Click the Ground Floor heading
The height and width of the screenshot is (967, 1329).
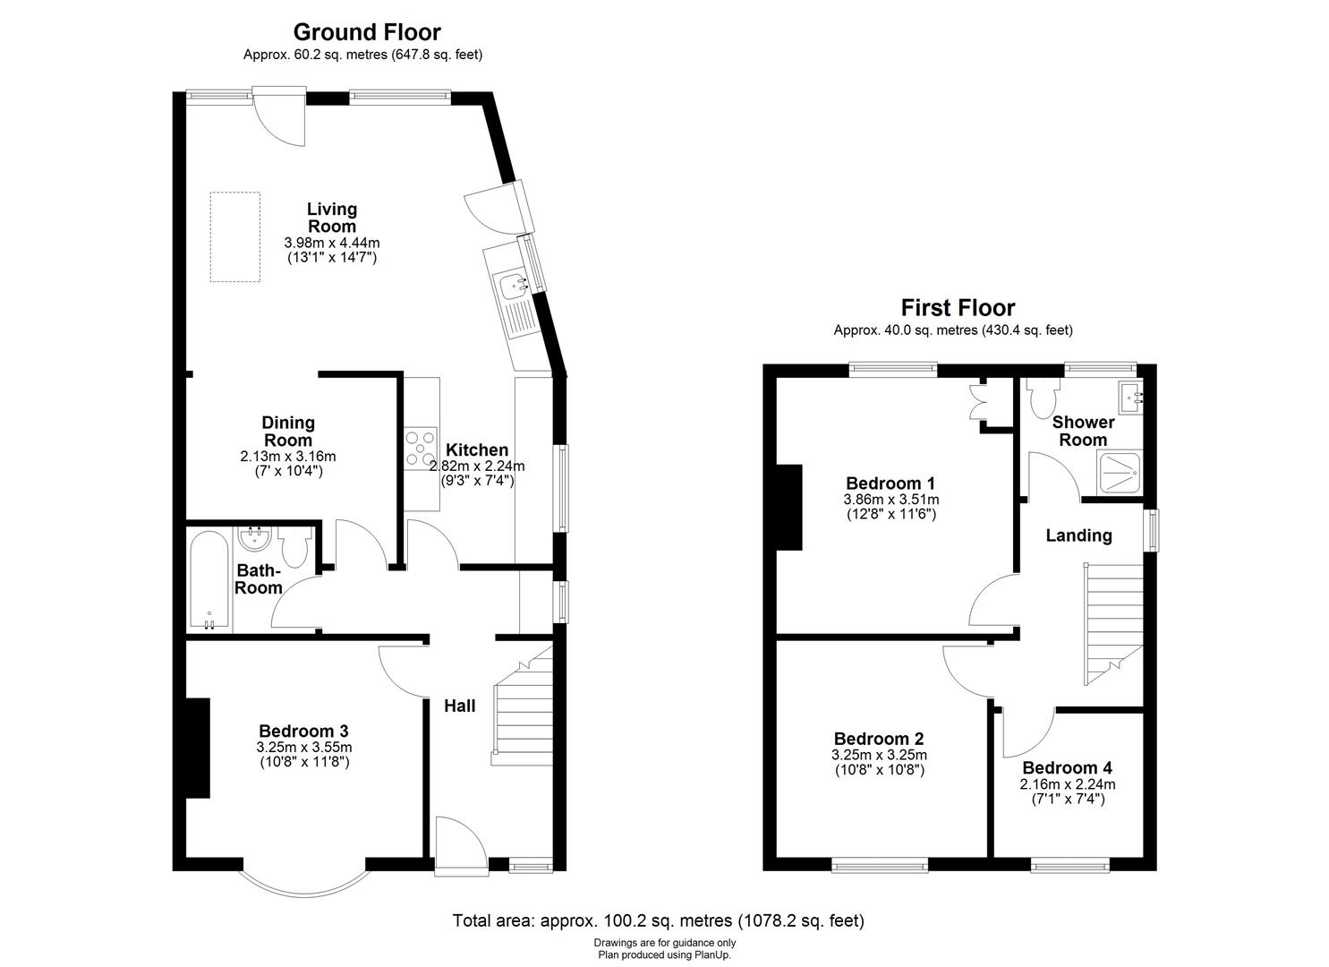pos(367,32)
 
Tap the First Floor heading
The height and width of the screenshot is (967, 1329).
pos(958,308)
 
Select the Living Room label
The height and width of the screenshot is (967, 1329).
pos(332,218)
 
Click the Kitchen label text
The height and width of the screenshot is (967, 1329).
pos(477,449)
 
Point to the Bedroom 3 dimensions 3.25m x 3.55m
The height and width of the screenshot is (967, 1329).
pos(304,748)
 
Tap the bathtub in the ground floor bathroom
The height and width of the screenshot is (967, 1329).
pos(210,581)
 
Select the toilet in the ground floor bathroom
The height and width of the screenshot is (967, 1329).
pos(294,545)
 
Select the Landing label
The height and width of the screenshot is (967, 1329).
pos(1078,535)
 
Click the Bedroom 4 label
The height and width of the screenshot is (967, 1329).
pos(1067,767)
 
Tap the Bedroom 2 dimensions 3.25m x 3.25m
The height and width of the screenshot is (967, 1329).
pos(878,755)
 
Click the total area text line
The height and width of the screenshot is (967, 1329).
pos(658,920)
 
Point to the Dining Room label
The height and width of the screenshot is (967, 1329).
pos(288,431)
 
